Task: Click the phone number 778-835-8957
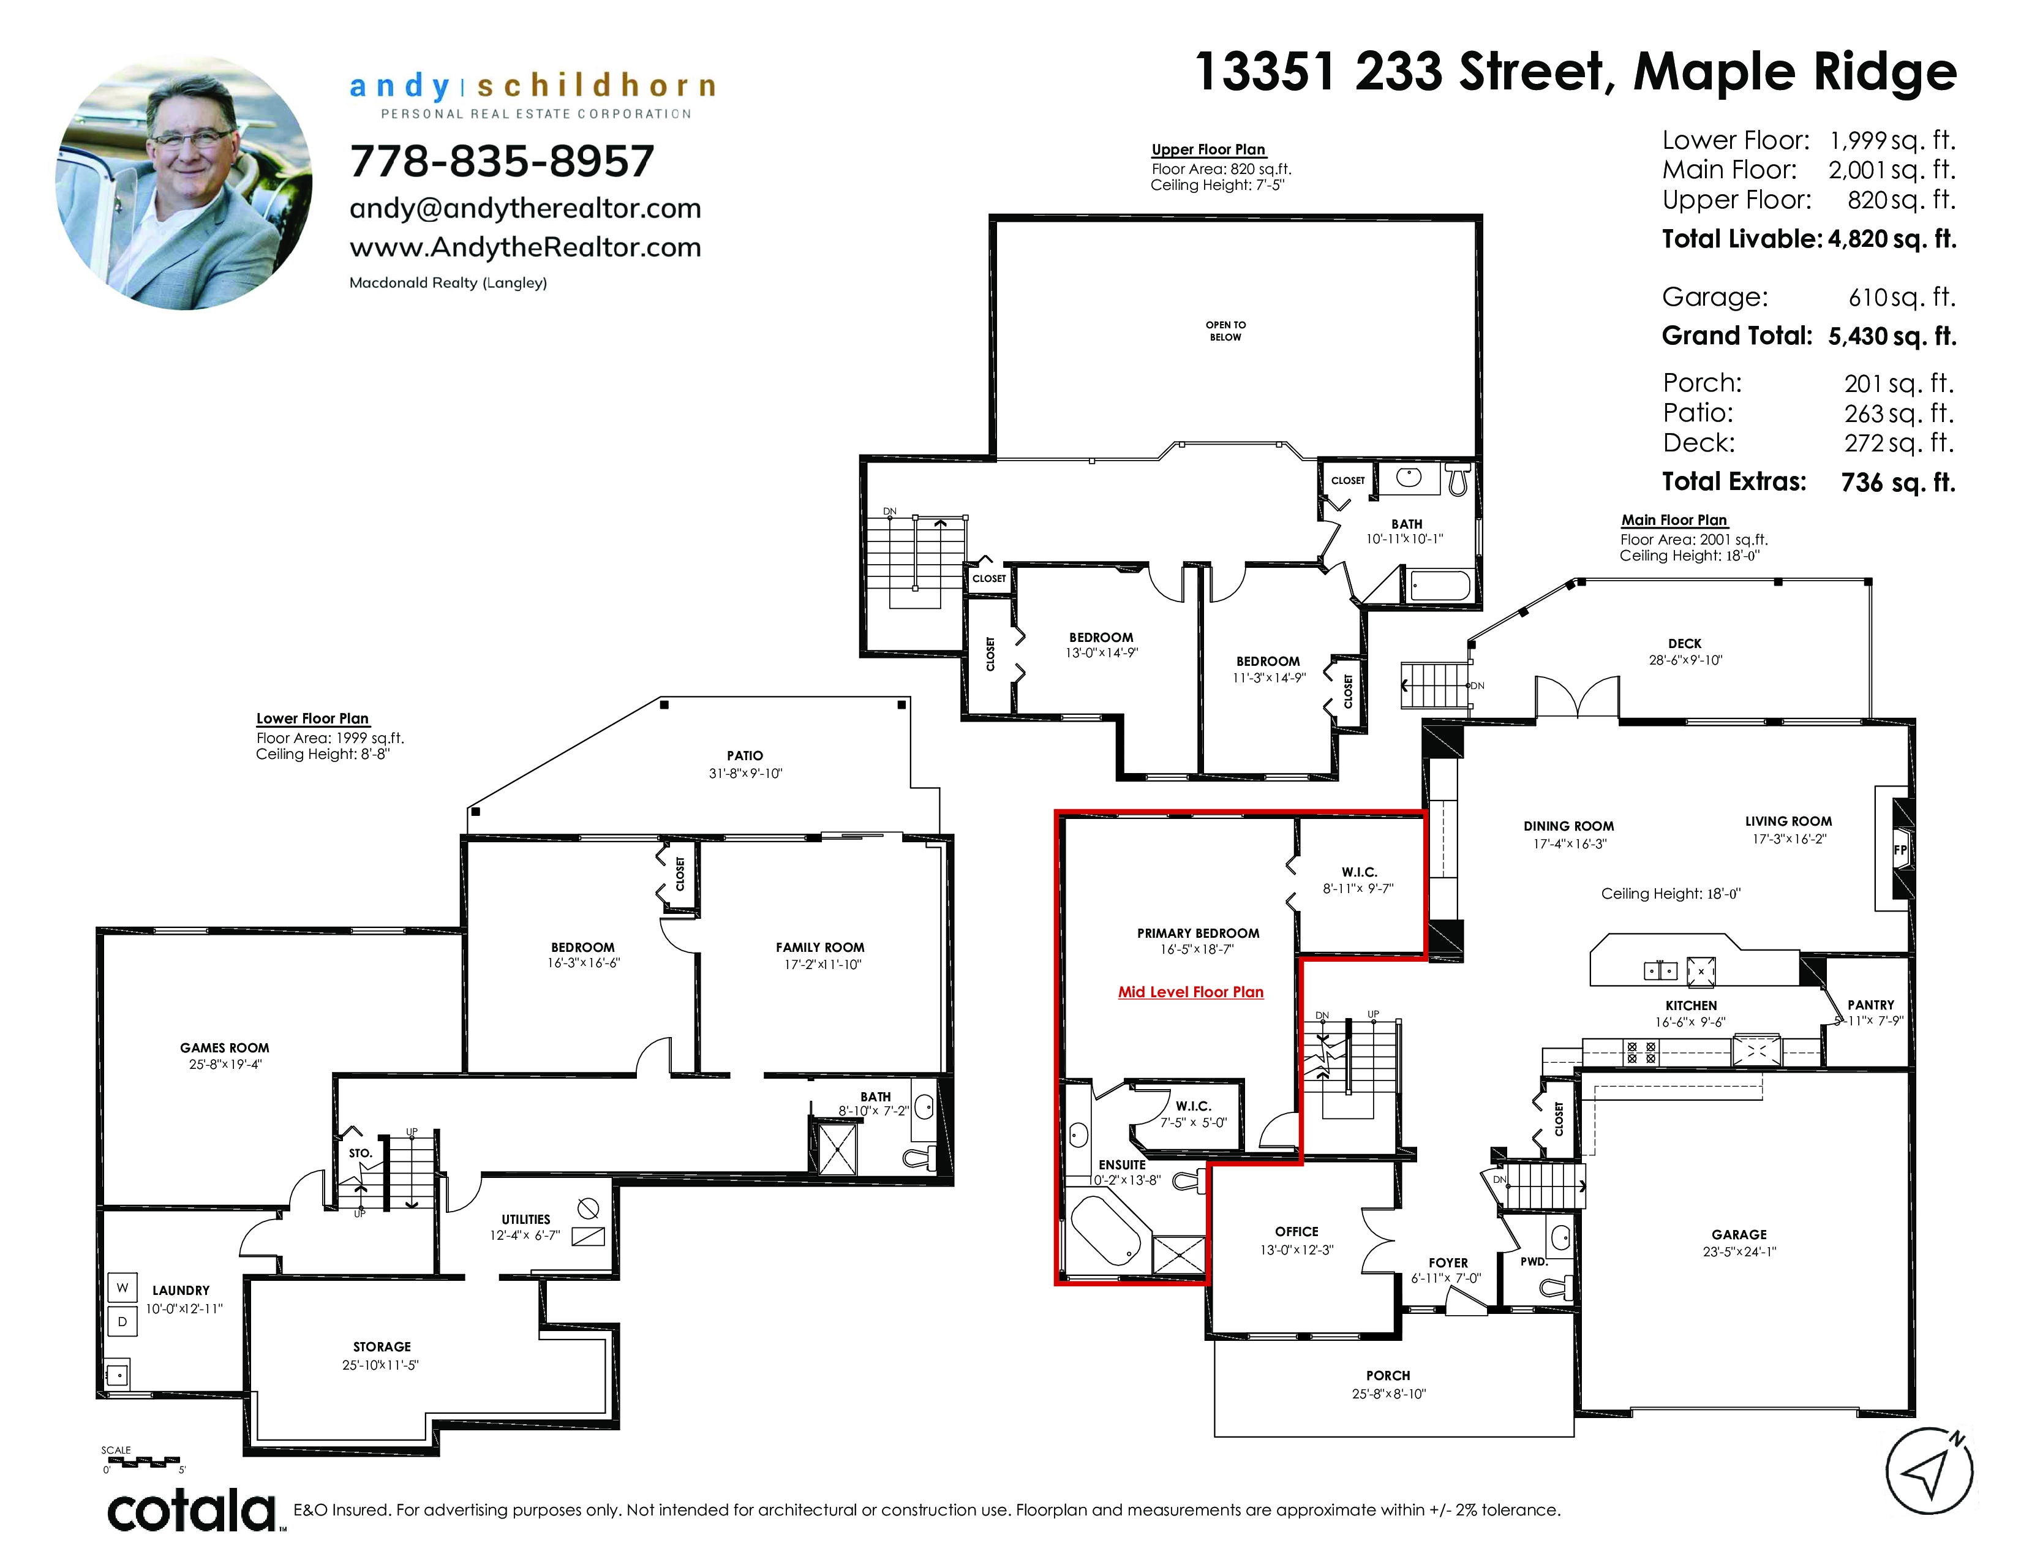pos(502,161)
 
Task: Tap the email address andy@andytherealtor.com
pos(525,208)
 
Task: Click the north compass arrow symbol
pos(1929,1471)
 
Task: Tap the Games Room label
pos(224,1047)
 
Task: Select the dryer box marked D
pos(122,1321)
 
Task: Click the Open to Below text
pos(1225,330)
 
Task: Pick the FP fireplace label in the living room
pos(1900,850)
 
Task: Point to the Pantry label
pos(1870,1005)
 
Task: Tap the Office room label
pos(1297,1232)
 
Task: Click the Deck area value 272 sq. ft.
pos(1899,443)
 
